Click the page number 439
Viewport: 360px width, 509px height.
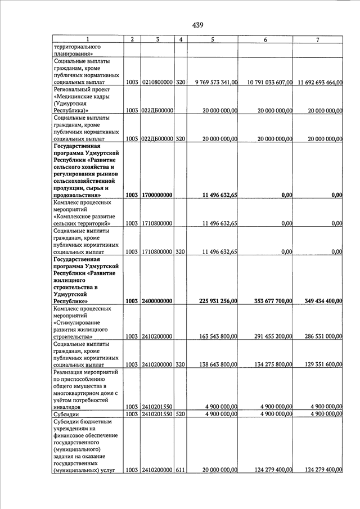pyautogui.click(x=197, y=25)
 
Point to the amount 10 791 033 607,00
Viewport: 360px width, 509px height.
pyautogui.click(x=267, y=83)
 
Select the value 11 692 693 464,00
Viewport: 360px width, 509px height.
pyautogui.click(x=319, y=83)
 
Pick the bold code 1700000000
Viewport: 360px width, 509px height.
pyautogui.click(x=157, y=195)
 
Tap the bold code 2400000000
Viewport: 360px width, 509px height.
pyautogui.click(x=157, y=301)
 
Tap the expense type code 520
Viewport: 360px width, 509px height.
pyautogui.click(x=181, y=414)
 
